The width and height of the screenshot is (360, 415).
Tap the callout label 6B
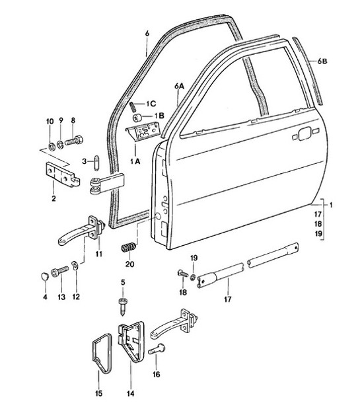[x=322, y=61]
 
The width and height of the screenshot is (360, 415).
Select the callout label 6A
[x=179, y=85]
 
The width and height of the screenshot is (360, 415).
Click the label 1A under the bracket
[x=135, y=161]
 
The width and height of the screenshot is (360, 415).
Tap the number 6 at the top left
[x=148, y=32]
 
